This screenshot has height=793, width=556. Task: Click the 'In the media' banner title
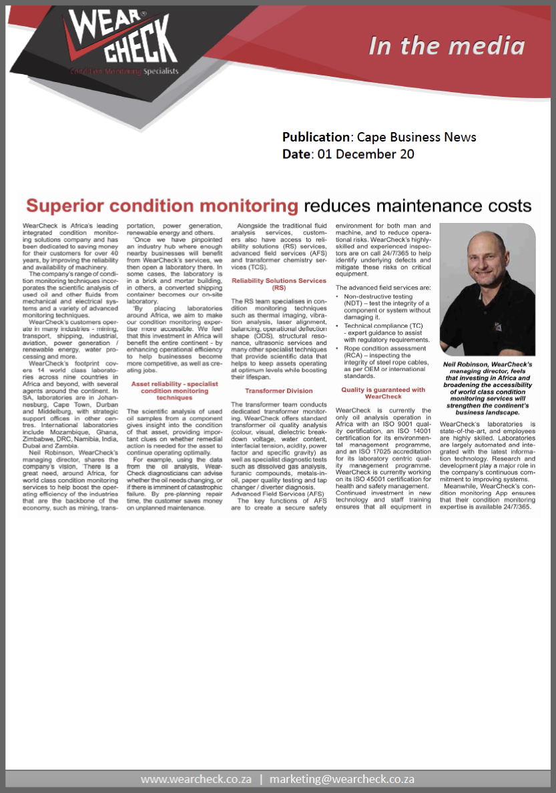447,45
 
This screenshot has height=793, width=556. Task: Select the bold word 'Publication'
316,138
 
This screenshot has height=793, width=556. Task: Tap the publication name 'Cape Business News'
416,138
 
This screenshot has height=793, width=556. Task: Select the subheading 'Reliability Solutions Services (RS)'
279,284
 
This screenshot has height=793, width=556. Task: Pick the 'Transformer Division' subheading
279,390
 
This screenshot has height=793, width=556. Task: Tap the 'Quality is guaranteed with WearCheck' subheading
383,393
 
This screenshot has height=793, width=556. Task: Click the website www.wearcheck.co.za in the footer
196,779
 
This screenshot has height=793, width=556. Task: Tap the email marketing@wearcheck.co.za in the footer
342,779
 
